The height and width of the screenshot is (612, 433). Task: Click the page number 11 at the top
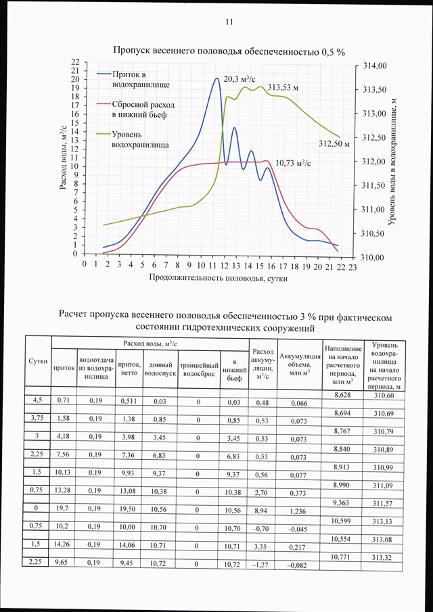pyautogui.click(x=229, y=22)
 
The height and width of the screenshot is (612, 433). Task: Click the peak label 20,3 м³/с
pyautogui.click(x=239, y=79)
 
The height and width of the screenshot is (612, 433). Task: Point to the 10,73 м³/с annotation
pyautogui.click(x=293, y=163)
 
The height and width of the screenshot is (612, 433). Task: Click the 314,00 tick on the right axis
pyautogui.click(x=374, y=66)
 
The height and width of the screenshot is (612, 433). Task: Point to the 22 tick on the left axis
pyautogui.click(x=75, y=62)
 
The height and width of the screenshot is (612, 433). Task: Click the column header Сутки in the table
pyautogui.click(x=39, y=362)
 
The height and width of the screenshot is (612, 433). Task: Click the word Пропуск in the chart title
pyautogui.click(x=131, y=51)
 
